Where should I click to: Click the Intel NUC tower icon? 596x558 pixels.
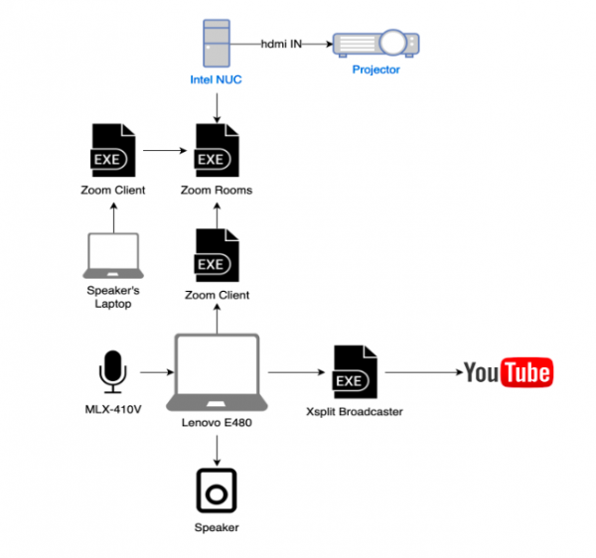pyautogui.click(x=217, y=43)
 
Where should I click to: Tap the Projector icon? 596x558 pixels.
pyautogui.click(x=375, y=44)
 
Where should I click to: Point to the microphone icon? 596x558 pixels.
pyautogui.click(x=112, y=371)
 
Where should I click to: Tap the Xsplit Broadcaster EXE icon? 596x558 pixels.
pyautogui.click(x=354, y=371)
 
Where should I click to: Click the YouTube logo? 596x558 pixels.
pyautogui.click(x=508, y=372)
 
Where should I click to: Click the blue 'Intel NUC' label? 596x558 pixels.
pyautogui.click(x=217, y=78)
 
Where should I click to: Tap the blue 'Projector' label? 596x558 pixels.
pyautogui.click(x=375, y=70)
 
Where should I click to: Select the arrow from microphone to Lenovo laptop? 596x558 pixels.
pyautogui.click(x=150, y=373)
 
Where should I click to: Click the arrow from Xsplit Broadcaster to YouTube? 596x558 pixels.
pyautogui.click(x=421, y=373)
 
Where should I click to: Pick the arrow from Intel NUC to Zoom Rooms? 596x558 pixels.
pyautogui.click(x=217, y=103)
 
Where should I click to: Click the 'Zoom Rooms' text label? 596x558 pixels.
pyautogui.click(x=217, y=189)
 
